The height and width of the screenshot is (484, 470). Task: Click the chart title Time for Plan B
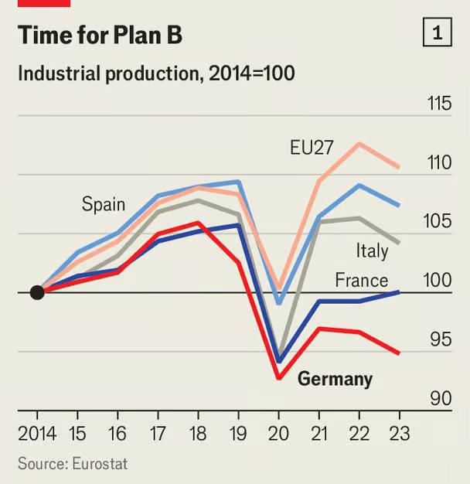tap(100, 35)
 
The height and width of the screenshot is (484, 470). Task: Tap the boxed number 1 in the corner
tap(438, 32)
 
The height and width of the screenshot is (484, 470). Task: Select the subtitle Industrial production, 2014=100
tap(156, 73)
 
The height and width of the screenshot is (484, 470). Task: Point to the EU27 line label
tap(312, 147)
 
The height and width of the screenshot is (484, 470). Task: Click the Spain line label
tap(104, 204)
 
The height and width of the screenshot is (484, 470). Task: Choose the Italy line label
tap(372, 251)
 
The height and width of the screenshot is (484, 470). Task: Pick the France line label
tap(361, 280)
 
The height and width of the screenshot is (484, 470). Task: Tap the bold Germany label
tap(335, 380)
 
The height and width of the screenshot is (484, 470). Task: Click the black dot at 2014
tap(37, 292)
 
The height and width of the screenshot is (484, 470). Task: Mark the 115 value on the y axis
tap(439, 103)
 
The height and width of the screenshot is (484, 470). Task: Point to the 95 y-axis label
tap(441, 339)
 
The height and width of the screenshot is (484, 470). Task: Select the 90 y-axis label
tap(441, 398)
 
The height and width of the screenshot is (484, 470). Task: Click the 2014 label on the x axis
tap(37, 434)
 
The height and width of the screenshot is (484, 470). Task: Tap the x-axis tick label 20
tap(278, 434)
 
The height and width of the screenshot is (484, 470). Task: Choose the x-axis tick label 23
tap(400, 434)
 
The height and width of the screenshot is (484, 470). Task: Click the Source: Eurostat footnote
tap(73, 464)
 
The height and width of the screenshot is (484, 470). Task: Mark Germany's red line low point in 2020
tap(279, 377)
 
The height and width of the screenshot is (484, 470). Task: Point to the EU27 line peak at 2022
tap(359, 144)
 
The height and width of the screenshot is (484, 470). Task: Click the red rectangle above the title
tap(44, 3)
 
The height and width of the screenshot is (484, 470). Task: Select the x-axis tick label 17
tap(158, 434)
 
